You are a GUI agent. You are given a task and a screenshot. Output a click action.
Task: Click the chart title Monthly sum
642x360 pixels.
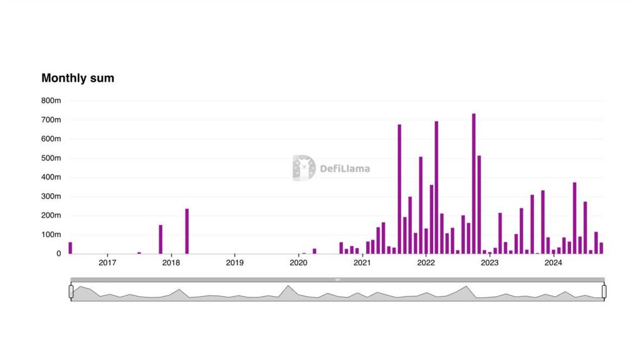point(78,78)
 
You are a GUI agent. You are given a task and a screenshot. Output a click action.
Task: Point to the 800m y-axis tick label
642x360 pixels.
point(50,100)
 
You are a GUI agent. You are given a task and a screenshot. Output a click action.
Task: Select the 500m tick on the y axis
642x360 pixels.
point(50,158)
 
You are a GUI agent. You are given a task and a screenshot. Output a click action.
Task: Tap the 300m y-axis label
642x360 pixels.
point(50,196)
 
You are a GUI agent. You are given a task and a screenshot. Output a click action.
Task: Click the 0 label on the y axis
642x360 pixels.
point(58,254)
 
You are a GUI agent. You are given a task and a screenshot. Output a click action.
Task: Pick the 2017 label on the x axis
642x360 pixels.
point(107,263)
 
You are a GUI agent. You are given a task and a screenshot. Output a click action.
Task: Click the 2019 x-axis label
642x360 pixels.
point(234,263)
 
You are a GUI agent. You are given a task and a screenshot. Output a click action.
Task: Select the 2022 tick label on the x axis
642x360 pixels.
point(426,263)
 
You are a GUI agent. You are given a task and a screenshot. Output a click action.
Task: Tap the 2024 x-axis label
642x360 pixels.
point(553,263)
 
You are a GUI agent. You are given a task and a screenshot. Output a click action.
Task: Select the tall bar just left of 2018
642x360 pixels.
point(160,239)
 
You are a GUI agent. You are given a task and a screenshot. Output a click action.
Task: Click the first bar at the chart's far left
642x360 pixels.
point(70,248)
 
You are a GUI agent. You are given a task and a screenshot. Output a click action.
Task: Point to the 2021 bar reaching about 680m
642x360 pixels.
point(399,189)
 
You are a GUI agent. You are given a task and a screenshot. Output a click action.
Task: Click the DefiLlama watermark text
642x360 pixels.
point(345,169)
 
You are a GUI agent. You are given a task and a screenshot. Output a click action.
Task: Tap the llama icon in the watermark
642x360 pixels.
point(303,168)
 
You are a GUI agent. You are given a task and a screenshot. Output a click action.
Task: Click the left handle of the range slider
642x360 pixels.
point(71,291)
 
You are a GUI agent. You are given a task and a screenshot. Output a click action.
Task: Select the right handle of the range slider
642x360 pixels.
point(604,291)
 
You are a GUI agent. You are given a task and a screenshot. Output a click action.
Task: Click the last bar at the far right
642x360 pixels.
point(601,248)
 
